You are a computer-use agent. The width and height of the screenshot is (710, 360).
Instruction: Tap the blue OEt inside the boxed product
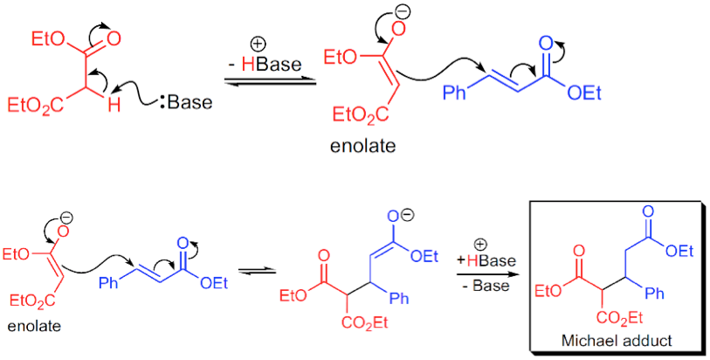click(679, 252)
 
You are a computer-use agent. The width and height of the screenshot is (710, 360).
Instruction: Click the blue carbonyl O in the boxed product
click(651, 214)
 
